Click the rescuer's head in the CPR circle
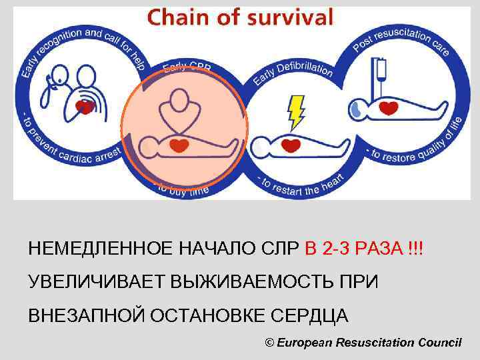point(178,100)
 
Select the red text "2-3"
point(338,249)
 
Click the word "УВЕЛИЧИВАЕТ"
point(96,282)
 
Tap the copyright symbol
point(269,342)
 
